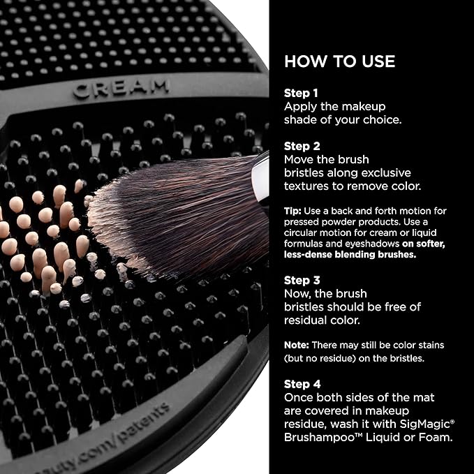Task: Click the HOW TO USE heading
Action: [x=339, y=61]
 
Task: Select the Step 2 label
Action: [x=300, y=145]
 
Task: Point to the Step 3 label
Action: [x=300, y=280]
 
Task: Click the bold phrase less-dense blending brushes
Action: [x=341, y=254]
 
